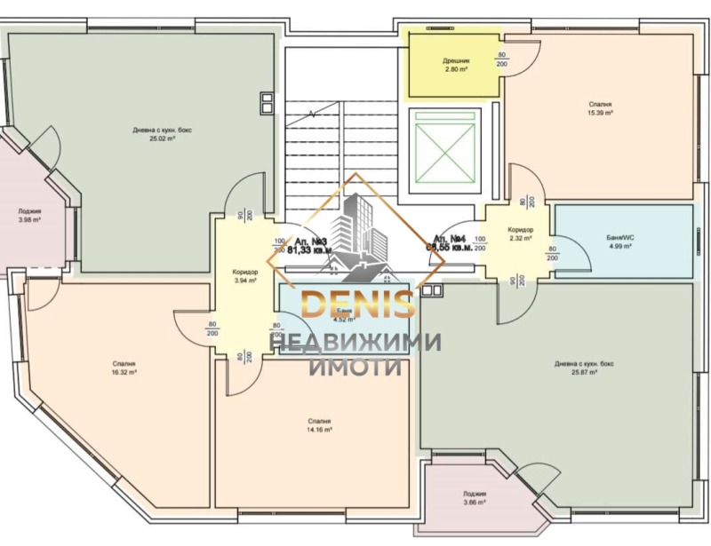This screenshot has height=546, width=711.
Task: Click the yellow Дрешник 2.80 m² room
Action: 454,65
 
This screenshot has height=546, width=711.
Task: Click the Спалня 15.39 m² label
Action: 600,108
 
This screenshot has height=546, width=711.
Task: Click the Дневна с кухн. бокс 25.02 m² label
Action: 162,134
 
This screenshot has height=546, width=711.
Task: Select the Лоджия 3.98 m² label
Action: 28,216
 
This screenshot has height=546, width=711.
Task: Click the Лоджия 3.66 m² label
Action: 475,498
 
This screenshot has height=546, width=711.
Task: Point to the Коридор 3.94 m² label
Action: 244,276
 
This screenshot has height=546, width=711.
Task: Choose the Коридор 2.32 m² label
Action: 520,233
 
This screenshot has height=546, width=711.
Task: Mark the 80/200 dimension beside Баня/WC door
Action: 552,254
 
